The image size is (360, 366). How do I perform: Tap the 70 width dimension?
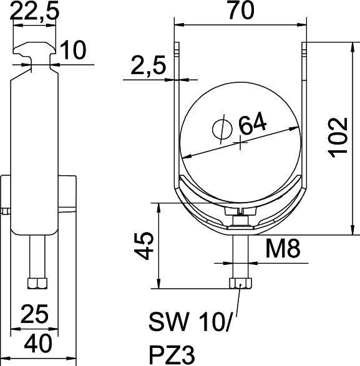[241, 12]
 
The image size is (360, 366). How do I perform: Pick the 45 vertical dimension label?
[145, 247]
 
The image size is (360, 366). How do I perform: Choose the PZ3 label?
[172, 354]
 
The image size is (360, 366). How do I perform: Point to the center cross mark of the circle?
[240, 143]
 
